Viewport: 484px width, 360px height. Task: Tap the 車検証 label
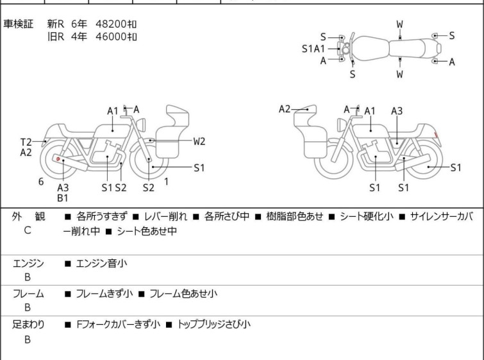(x=18, y=24)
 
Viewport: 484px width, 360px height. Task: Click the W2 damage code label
(x=199, y=141)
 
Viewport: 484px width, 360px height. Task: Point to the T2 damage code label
(x=26, y=142)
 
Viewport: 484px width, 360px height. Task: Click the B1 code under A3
(x=63, y=198)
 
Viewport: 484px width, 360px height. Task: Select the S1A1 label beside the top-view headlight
(x=313, y=49)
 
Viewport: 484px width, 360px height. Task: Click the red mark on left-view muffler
(x=58, y=159)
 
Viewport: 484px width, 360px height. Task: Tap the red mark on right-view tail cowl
(x=436, y=135)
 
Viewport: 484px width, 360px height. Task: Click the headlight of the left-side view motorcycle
(x=142, y=124)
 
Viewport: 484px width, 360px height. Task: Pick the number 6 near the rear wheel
(x=41, y=182)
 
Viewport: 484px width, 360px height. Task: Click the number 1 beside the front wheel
(x=167, y=182)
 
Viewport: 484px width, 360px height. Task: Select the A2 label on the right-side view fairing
(x=285, y=109)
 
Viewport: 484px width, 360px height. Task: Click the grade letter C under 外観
(x=28, y=230)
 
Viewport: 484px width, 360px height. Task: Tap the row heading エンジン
(x=28, y=263)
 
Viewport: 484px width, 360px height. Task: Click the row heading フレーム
(x=28, y=293)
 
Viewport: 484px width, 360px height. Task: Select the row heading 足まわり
(x=28, y=325)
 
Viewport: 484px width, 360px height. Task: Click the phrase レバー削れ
(x=165, y=216)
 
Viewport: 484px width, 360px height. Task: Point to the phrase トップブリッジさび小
(x=213, y=325)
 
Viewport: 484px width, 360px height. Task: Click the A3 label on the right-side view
(x=397, y=110)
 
